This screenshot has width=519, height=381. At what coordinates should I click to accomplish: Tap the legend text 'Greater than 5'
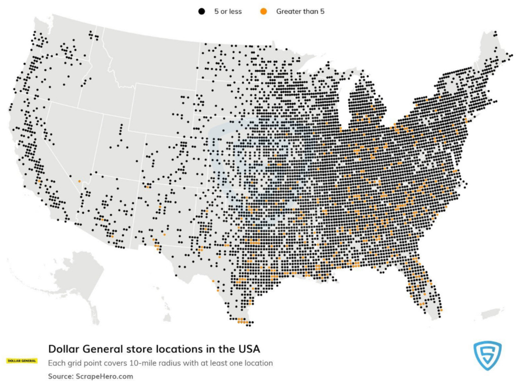[x=300, y=11]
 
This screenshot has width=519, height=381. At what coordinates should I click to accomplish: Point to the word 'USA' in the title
[x=249, y=349]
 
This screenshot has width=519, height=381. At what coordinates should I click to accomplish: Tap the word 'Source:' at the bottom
[x=60, y=376]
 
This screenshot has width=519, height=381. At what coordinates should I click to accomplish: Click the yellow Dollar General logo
[x=21, y=361]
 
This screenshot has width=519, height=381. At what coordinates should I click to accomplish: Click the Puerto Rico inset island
[x=490, y=314]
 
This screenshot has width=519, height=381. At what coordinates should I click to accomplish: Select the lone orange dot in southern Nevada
[x=79, y=181]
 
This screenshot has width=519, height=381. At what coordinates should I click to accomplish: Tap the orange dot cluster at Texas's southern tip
[x=242, y=321]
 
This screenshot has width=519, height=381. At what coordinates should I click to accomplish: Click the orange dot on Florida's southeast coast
[x=441, y=310]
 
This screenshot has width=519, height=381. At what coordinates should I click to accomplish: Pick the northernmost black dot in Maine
[x=495, y=33]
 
